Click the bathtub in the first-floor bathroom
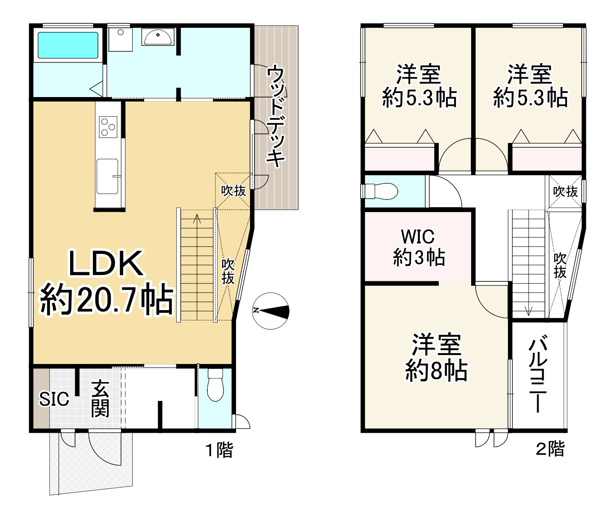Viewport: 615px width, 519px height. (68, 45)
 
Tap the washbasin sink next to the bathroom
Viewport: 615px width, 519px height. (157, 37)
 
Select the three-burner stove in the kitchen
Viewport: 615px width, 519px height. (108, 126)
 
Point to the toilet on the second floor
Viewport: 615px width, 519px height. (382, 191)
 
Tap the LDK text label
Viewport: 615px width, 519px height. (106, 264)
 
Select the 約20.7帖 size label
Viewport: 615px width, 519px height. (107, 300)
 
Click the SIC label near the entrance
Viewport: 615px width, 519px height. (54, 399)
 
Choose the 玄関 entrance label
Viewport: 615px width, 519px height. (100, 399)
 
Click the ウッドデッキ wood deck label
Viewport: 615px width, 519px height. (276, 116)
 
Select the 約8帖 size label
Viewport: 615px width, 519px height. (436, 371)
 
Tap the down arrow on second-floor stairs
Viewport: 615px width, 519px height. (528, 311)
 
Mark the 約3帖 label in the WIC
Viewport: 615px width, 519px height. (419, 258)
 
